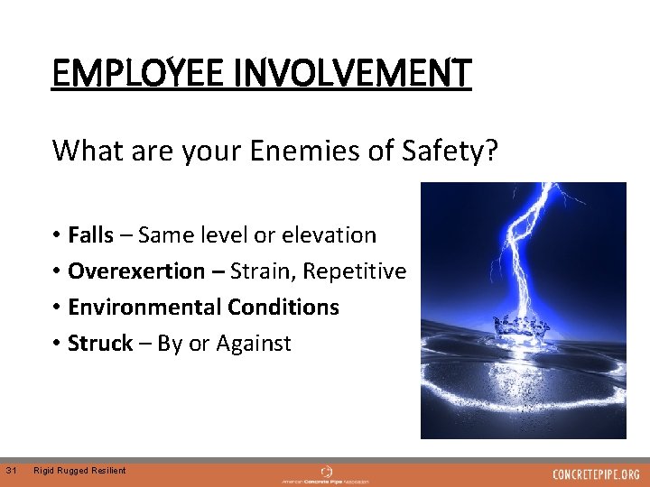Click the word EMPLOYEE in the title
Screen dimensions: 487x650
pos(133,73)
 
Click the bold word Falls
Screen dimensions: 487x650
pos(90,235)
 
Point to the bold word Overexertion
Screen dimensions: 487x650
pos(136,271)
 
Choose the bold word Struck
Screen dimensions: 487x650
pos(99,344)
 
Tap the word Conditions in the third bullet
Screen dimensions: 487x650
pos(283,308)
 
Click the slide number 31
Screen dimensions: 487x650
pos(11,470)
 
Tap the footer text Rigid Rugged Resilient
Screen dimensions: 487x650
pos(79,471)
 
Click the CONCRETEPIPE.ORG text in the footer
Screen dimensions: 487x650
pos(596,473)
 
